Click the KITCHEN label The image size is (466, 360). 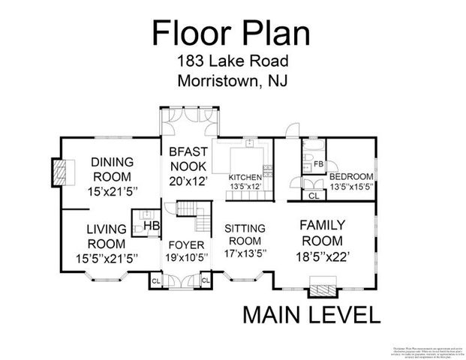coord(245,177)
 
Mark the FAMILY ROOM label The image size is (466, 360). coord(321,232)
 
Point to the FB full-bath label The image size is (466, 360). coord(318,163)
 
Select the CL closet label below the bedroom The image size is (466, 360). coord(314,196)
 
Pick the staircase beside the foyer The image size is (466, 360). coord(196,217)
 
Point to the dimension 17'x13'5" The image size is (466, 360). coord(245,254)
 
